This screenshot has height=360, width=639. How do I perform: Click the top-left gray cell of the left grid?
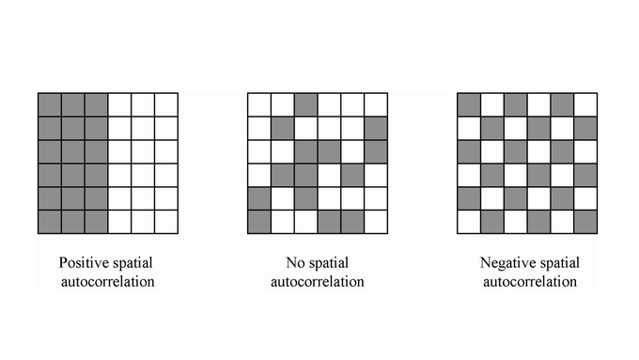[50, 103]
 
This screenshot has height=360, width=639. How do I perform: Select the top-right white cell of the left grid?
[166, 103]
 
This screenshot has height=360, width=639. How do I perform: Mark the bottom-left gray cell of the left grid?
[50, 222]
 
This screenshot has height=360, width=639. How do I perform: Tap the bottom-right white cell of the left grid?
[166, 222]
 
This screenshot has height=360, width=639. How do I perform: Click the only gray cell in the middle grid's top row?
[305, 103]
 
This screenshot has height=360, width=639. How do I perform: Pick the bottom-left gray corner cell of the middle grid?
[258, 222]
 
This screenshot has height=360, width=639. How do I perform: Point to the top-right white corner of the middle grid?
[375, 103]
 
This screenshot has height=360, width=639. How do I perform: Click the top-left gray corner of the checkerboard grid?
[468, 103]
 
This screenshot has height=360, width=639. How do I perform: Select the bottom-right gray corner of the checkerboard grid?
[584, 222]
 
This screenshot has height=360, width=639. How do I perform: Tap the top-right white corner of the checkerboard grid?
[584, 103]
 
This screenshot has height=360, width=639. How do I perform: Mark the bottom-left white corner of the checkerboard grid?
[468, 222]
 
